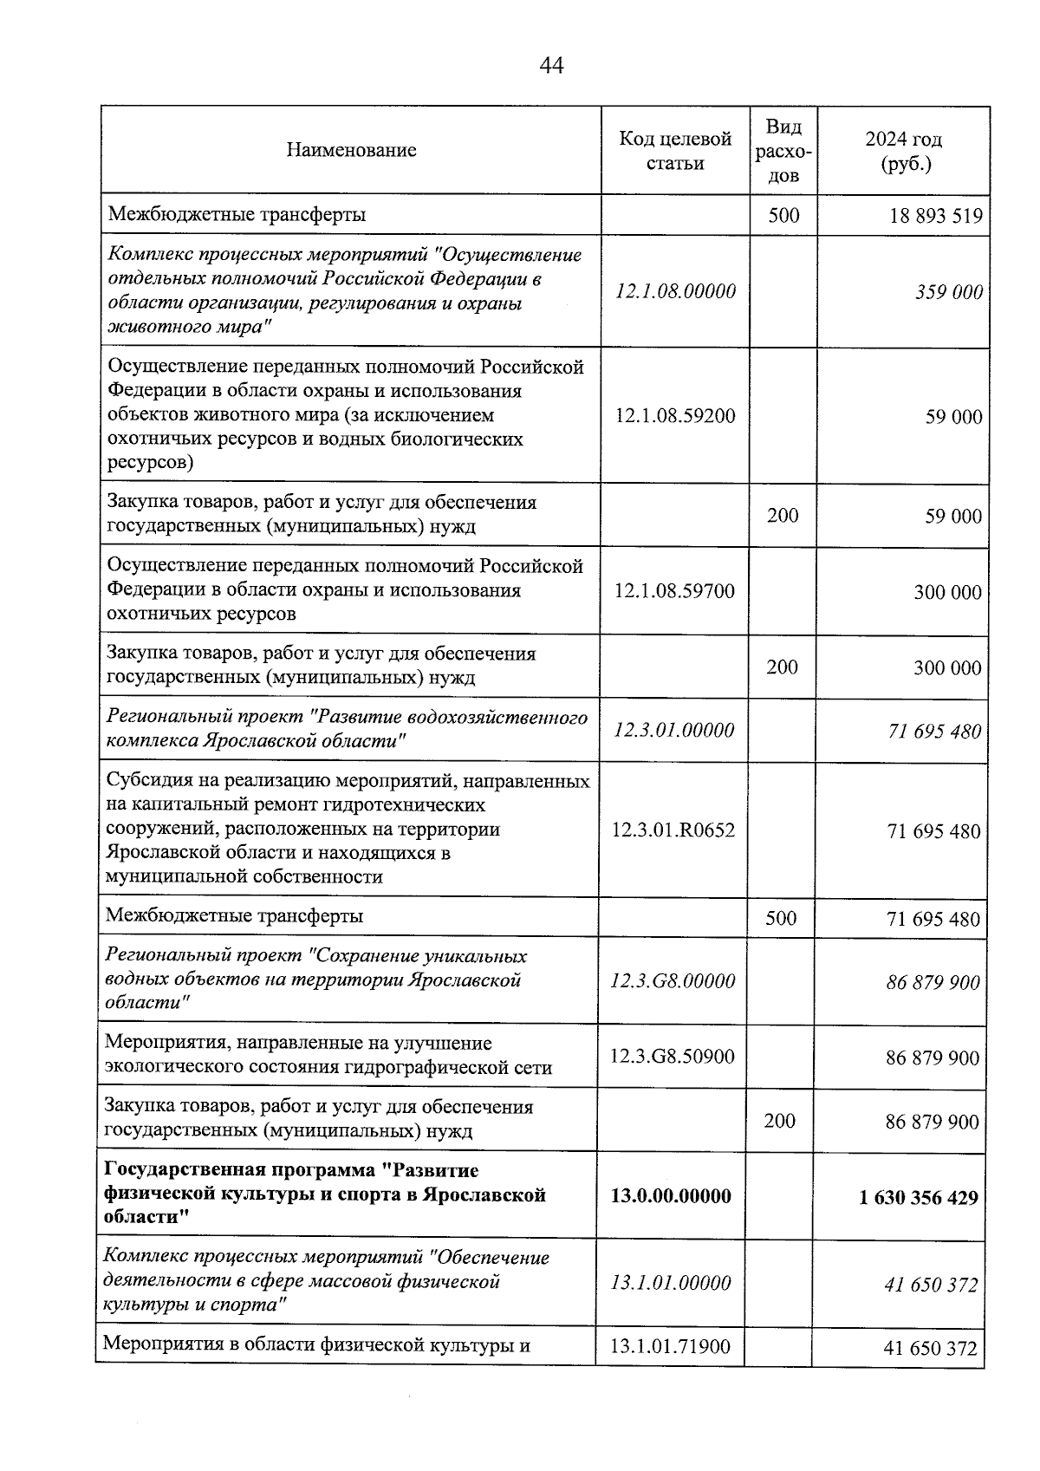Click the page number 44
[x=551, y=65]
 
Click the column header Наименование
[x=351, y=150]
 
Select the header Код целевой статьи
[x=675, y=150]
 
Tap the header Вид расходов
[x=783, y=151]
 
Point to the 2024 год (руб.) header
[x=903, y=151]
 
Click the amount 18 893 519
[x=935, y=216]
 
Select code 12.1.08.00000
[x=675, y=291]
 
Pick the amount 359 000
[x=949, y=292]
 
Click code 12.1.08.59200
[x=675, y=416]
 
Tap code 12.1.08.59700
[x=674, y=591]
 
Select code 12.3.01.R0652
[x=673, y=830]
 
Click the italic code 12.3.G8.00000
[x=673, y=981]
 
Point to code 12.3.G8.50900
[x=673, y=1057]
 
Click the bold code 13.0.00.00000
[x=671, y=1196]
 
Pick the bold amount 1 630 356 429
[x=919, y=1198]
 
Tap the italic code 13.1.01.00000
[x=671, y=1283]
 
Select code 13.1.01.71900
[x=670, y=1347]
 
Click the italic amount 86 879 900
[x=933, y=983]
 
